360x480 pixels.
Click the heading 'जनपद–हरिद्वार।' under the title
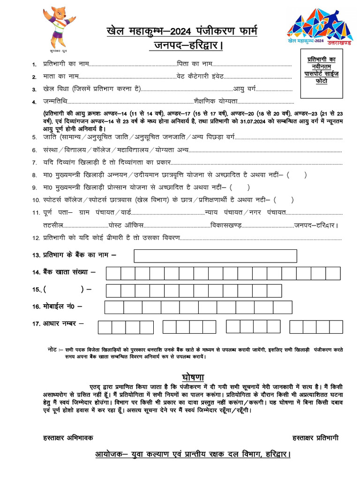point(186,45)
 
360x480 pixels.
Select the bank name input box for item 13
point(215,256)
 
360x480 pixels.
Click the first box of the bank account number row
point(113,273)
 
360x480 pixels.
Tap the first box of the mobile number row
point(114,307)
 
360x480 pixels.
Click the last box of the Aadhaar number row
point(336,327)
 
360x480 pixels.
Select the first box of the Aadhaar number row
point(105,327)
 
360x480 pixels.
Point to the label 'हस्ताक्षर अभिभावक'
point(68,438)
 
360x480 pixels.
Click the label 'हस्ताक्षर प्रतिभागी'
point(315,438)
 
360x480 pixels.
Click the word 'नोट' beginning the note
point(53,350)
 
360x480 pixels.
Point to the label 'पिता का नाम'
point(195,64)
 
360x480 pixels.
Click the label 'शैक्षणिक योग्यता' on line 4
point(216,101)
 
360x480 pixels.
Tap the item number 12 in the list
point(36,238)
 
